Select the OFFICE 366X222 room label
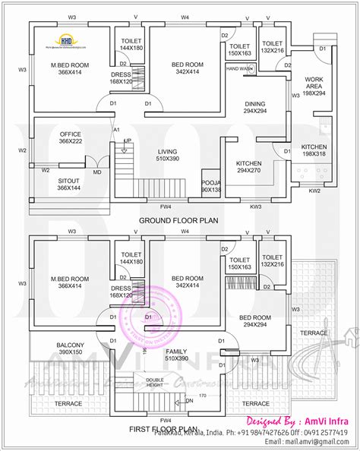[70, 139]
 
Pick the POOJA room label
[210, 186]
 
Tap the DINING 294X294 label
[254, 107]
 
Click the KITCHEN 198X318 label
[314, 150]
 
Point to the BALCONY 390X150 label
[70, 349]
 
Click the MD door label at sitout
[97, 172]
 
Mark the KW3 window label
[256, 206]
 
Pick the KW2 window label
[314, 191]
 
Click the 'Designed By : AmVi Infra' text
[299, 418]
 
